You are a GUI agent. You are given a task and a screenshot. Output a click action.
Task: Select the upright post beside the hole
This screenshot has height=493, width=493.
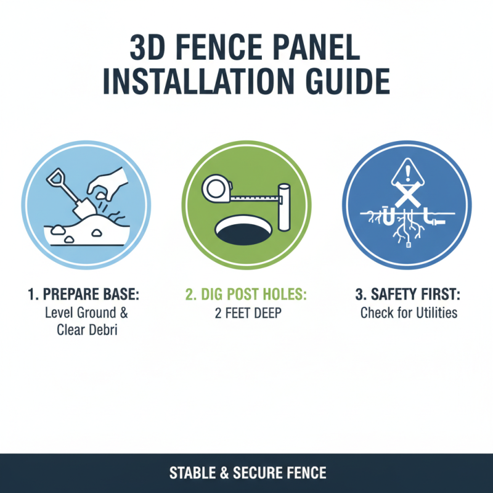(285, 207)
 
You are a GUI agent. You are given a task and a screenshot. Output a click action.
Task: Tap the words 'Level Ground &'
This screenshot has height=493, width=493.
(86, 313)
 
